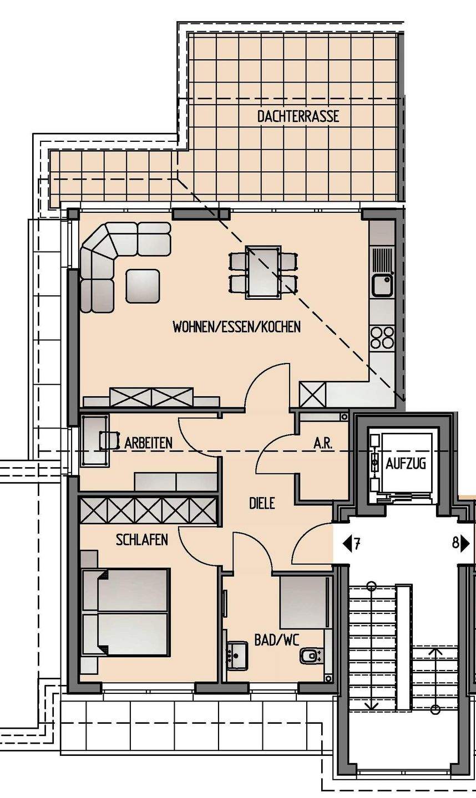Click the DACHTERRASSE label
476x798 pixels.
click(298, 116)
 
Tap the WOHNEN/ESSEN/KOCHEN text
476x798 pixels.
click(237, 327)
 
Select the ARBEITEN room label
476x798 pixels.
click(148, 443)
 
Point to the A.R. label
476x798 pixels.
click(323, 443)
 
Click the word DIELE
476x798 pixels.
click(262, 503)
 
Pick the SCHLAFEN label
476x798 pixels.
click(142, 540)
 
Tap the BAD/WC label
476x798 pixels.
click(277, 640)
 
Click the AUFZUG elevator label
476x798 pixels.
click(406, 464)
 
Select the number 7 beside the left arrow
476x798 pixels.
click(357, 544)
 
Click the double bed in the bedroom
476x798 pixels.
click(125, 612)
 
